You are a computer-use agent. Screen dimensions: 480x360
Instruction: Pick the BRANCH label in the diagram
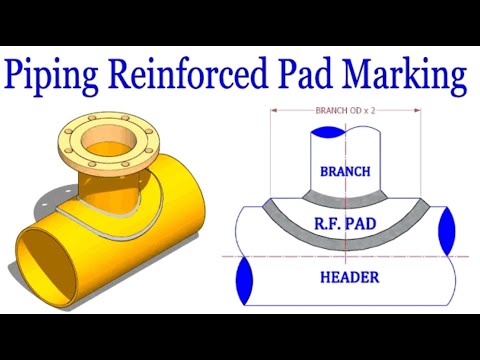[345, 171]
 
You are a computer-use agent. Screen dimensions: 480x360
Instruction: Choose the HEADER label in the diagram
[345, 276]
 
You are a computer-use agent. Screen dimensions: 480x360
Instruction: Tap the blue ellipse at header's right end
[445, 230]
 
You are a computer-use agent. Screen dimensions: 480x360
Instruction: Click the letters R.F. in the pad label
[326, 225]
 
